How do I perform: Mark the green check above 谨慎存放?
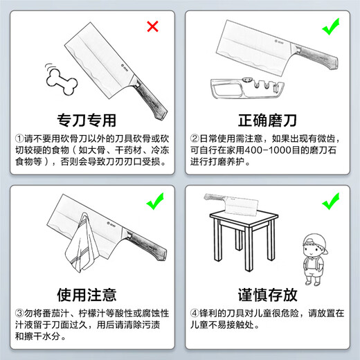[x=331, y=203]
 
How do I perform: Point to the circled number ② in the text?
[x=196, y=137]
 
